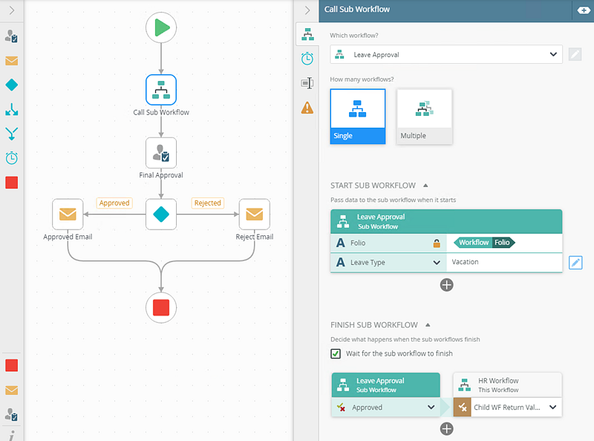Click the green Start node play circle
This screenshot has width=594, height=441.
pos(161,28)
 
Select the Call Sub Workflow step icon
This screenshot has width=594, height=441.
pos(161,91)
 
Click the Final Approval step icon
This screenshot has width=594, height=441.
pos(161,153)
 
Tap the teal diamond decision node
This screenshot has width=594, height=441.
pos(161,215)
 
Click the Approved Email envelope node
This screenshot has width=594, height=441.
pos(68,215)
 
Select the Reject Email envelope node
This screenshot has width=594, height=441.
pos(254,215)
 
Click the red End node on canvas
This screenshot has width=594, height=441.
pos(161,307)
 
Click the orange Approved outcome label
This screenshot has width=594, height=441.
pos(114,203)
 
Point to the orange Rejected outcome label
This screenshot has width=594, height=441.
pos(208,203)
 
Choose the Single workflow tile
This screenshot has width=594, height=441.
pos(358,116)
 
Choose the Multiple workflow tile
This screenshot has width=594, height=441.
pos(424,116)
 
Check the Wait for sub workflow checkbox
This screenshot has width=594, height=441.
pos(336,353)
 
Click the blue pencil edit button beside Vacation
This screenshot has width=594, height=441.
pos(576,262)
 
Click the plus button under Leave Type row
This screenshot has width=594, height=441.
pos(446,284)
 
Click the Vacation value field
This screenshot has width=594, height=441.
pos(503,262)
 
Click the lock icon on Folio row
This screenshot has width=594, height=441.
pos(437,243)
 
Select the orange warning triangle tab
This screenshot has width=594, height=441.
pos(307,108)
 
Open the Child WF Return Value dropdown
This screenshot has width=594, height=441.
pos(552,407)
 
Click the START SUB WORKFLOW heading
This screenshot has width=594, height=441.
pos(373,185)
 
